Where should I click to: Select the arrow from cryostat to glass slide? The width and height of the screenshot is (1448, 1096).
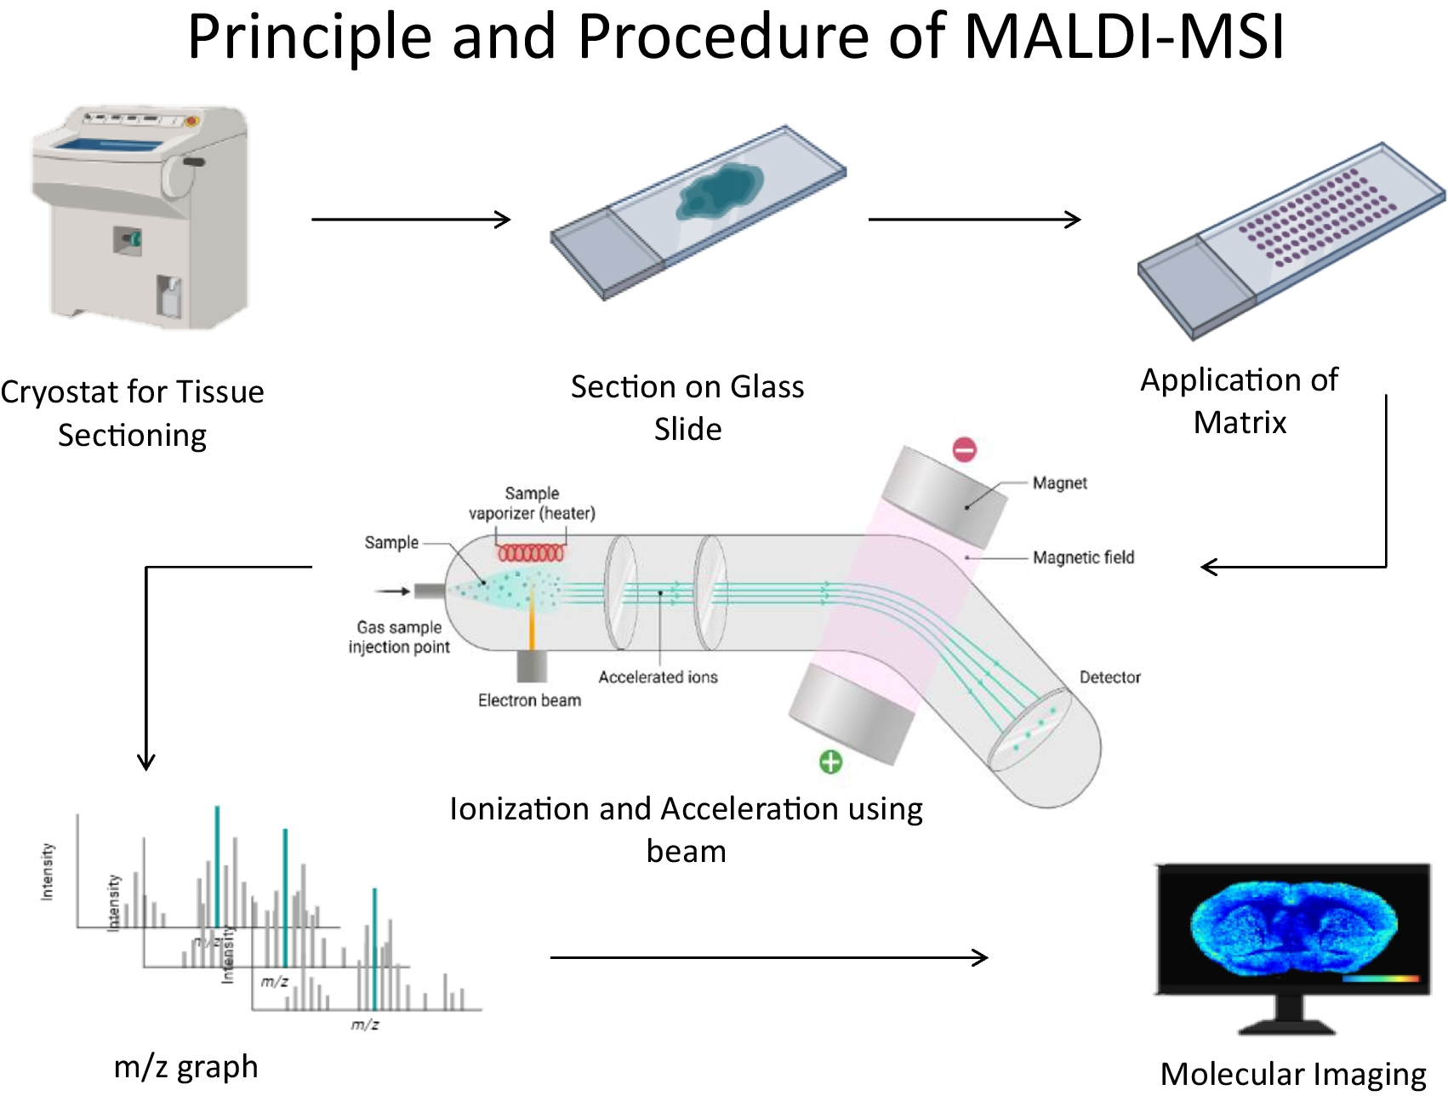coord(410,220)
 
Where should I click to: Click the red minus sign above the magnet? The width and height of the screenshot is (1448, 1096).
coord(964,449)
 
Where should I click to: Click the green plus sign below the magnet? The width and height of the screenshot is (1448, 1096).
coord(830,762)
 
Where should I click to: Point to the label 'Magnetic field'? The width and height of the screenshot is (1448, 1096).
coord(1083,557)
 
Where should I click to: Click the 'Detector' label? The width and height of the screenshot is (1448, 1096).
coord(1109,677)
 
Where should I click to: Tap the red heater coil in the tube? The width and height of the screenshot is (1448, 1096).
coord(530,554)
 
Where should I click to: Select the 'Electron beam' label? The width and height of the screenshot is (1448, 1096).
coord(529,700)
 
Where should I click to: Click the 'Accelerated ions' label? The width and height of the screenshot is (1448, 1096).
coord(658,677)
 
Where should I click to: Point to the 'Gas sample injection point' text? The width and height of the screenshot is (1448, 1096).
coord(399,637)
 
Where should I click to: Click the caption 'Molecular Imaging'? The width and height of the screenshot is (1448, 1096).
coord(1293,1074)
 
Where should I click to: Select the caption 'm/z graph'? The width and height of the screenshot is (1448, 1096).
coord(185,1067)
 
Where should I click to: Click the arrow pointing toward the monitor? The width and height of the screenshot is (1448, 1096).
coord(768,958)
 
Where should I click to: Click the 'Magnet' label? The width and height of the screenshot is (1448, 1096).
coord(1059,483)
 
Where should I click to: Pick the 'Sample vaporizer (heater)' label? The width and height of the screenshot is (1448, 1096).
coord(532,504)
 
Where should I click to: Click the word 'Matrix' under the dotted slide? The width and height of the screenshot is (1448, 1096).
coord(1240,423)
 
